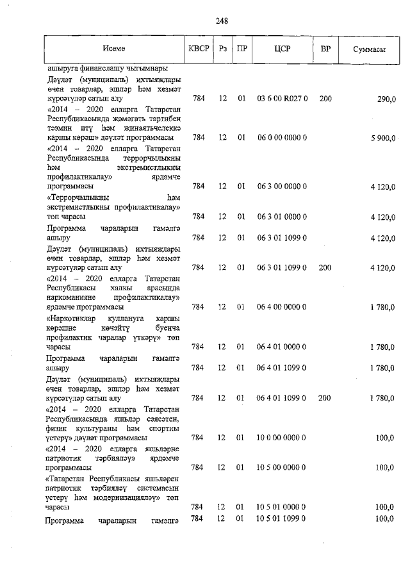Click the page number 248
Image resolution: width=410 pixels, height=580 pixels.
pyautogui.click(x=222, y=21)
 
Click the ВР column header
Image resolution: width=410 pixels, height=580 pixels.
pyautogui.click(x=325, y=49)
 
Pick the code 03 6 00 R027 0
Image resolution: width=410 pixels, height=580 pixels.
pyautogui.click(x=282, y=99)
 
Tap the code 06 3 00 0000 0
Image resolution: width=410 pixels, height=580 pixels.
pyautogui.click(x=282, y=186)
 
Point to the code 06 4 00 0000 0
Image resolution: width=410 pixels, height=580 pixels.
pyautogui.click(x=282, y=307)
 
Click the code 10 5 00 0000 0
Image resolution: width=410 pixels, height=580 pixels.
pyautogui.click(x=282, y=467)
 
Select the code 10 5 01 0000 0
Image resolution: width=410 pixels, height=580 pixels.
pyautogui.click(x=282, y=506)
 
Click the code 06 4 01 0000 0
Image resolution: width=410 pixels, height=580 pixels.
pyautogui.click(x=282, y=347)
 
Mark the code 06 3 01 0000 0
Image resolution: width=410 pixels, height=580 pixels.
pyautogui.click(x=282, y=217)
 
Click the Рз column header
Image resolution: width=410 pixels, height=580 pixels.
pyautogui.click(x=222, y=49)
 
